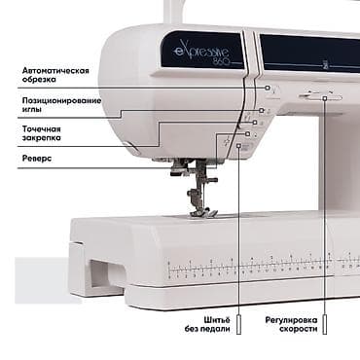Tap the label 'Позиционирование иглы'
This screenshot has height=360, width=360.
59,107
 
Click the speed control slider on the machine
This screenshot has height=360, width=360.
321,96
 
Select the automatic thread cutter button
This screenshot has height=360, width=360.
269,89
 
